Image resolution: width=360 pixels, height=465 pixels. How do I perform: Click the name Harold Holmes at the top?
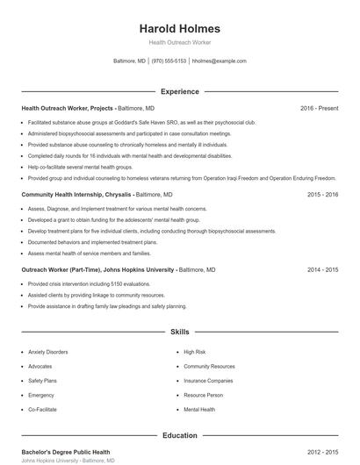pyautogui.click(x=180, y=28)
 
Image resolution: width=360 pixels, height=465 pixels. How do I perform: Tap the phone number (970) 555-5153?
pyautogui.click(x=169, y=61)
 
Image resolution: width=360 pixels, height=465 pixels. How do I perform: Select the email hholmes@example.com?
pyautogui.click(x=219, y=61)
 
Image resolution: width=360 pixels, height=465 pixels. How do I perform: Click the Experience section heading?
pyautogui.click(x=180, y=91)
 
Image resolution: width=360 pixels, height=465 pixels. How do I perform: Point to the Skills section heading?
pyautogui.click(x=180, y=333)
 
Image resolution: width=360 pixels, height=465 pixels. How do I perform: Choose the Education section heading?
pyautogui.click(x=180, y=435)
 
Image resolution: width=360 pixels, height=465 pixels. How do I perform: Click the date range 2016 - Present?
pyautogui.click(x=319, y=108)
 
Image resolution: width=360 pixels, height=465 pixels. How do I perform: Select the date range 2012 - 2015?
pyautogui.click(x=323, y=452)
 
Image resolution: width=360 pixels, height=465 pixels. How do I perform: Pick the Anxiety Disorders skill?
pyautogui.click(x=48, y=352)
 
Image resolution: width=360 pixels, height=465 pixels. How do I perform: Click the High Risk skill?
pyautogui.click(x=194, y=352)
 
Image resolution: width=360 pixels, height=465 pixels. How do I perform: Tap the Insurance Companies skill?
pyautogui.click(x=208, y=381)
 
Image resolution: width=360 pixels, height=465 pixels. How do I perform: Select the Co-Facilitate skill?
pyautogui.click(x=44, y=410)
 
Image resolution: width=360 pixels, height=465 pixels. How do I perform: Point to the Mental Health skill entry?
pyautogui.click(x=199, y=410)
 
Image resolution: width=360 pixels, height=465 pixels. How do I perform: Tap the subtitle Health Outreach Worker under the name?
pyautogui.click(x=180, y=42)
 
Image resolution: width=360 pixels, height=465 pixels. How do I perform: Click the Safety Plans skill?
pyautogui.click(x=42, y=381)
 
